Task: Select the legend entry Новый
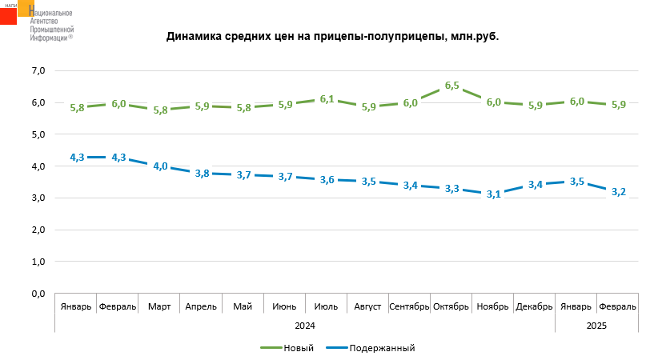coord(298,348)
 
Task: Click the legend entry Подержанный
coord(382,348)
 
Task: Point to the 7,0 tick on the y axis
coord(38,71)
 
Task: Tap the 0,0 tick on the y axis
coord(38,294)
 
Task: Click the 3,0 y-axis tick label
coord(38,198)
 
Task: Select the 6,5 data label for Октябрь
coord(451,86)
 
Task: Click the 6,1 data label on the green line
coord(327,99)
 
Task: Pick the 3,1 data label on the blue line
coord(493,194)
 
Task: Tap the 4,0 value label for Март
coord(160,166)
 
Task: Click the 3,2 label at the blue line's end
coord(618,192)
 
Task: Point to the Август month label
coord(367,306)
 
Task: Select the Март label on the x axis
coord(159,306)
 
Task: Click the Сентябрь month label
coord(409,306)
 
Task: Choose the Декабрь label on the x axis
coord(534,306)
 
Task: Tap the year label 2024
coord(305,326)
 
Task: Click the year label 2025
coord(596,326)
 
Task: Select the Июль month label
coord(326,306)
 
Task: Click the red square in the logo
coord(9,16)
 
